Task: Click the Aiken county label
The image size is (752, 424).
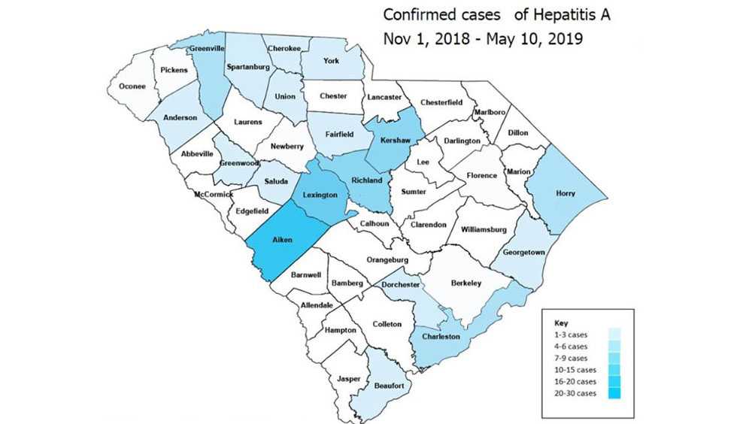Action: click(x=283, y=241)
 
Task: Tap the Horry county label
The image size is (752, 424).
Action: click(x=565, y=193)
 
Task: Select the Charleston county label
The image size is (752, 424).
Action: click(x=441, y=336)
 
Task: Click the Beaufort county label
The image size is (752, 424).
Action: click(x=389, y=386)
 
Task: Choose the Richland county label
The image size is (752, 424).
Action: click(x=368, y=180)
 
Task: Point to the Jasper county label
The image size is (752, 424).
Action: click(x=349, y=378)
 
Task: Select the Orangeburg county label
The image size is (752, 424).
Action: click(x=387, y=260)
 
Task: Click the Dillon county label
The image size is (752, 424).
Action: click(x=517, y=133)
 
